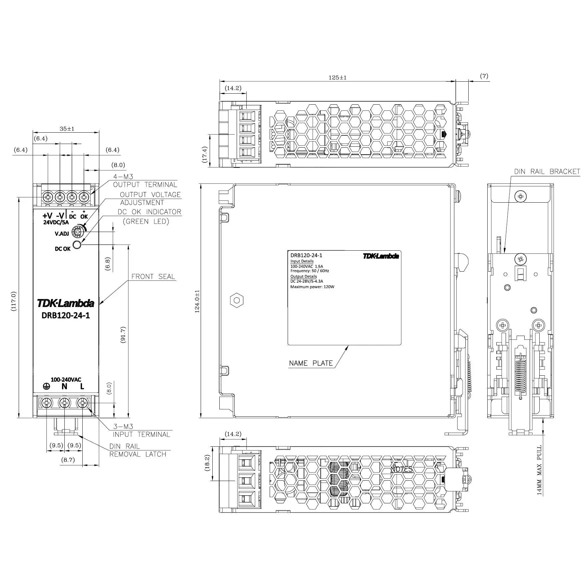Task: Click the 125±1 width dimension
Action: [337, 78]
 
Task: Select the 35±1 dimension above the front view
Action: [67, 129]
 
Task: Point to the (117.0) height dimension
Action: [14, 301]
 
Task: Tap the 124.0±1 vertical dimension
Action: [197, 301]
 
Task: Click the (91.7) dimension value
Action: [123, 335]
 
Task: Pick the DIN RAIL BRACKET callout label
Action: [547, 172]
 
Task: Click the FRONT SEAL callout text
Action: [153, 277]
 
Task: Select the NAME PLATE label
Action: [311, 363]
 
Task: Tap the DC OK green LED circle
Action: [77, 245]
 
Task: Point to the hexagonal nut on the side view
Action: [237, 300]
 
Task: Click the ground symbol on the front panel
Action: [47, 387]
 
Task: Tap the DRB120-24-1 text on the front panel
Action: [66, 315]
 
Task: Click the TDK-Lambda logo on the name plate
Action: [381, 256]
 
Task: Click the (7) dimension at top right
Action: [484, 76]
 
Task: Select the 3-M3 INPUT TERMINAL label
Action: [141, 430]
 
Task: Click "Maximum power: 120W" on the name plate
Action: [312, 287]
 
